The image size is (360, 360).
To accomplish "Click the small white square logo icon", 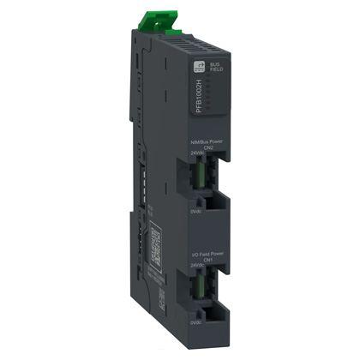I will point(205,76).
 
